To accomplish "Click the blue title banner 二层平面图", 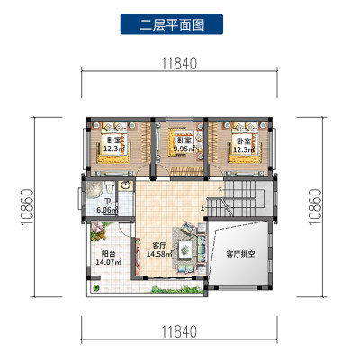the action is [172, 24].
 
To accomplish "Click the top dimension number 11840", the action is [179, 63].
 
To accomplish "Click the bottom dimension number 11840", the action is [179, 331].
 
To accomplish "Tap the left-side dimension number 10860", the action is [27, 207].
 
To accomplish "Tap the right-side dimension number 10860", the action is [315, 207].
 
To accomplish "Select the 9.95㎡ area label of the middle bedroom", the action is [184, 148].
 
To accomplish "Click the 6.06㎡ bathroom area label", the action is [107, 210].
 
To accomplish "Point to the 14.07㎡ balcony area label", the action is [109, 262].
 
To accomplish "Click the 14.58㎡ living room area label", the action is [159, 254].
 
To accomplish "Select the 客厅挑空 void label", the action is [240, 254].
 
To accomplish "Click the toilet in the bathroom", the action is [110, 187].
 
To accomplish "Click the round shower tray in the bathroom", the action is [94, 190].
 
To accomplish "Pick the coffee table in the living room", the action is [185, 249].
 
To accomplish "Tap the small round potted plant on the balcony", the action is [96, 287].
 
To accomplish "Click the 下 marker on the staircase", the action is [220, 190].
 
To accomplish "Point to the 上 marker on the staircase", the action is [203, 207].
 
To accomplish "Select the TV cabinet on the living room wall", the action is [138, 257].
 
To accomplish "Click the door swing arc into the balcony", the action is [122, 232].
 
